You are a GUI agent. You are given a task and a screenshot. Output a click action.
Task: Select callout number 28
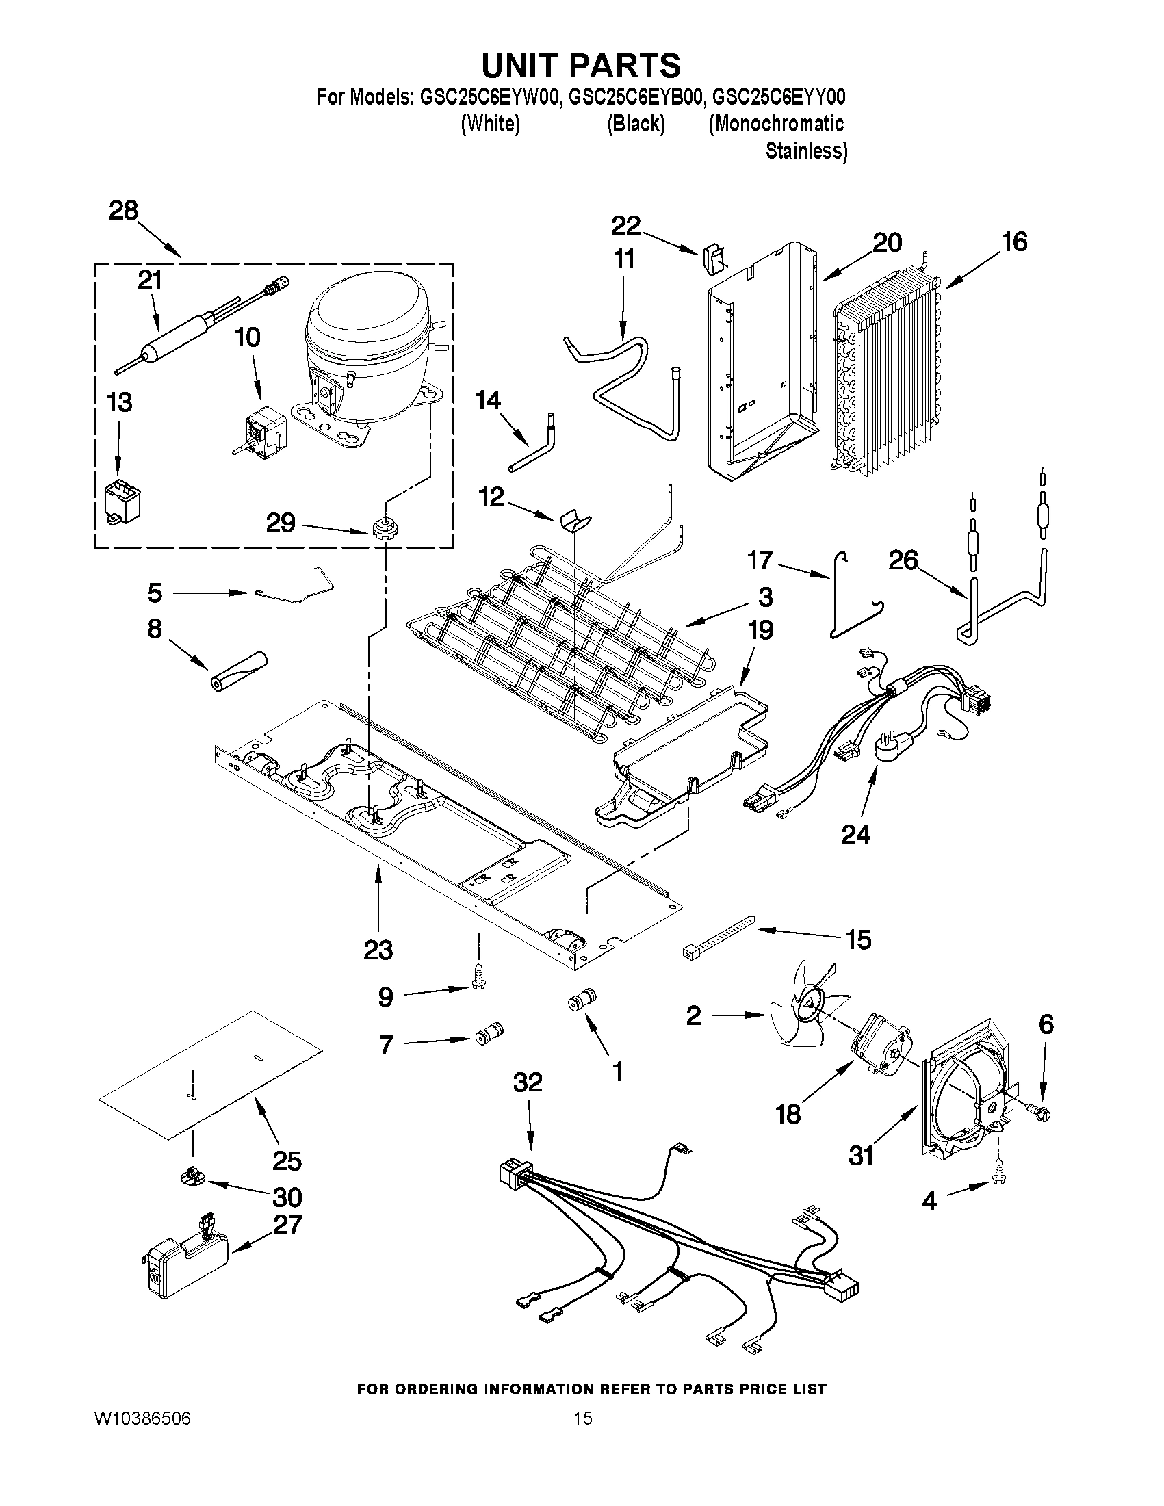(x=123, y=210)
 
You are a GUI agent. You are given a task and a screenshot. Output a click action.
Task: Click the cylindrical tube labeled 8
(x=238, y=669)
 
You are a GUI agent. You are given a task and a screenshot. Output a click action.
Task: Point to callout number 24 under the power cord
(x=856, y=834)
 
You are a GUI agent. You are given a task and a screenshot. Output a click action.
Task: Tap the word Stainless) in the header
(x=806, y=151)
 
